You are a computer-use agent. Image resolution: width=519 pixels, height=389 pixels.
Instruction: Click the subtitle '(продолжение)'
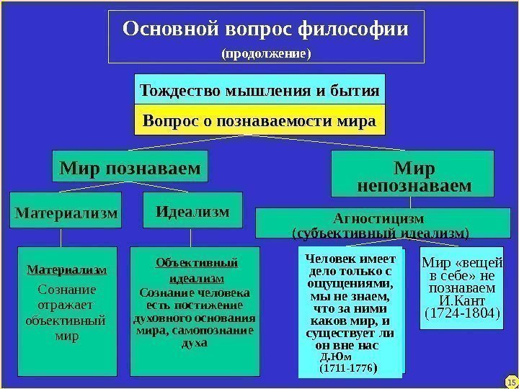point(265,53)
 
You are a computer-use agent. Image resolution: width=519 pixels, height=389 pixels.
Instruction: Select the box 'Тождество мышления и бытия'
point(259,91)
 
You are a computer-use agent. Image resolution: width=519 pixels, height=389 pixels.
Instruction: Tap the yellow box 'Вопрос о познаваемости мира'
point(259,120)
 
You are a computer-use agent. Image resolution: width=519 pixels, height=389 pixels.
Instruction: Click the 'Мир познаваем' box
point(130,169)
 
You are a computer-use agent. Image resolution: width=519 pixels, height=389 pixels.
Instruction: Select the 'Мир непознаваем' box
point(414,177)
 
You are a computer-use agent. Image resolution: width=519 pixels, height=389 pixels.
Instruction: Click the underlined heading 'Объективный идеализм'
point(196,269)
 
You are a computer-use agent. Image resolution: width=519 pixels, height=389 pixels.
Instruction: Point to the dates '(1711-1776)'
point(348,368)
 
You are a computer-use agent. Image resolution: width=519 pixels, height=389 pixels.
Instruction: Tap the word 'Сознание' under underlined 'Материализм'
point(66,290)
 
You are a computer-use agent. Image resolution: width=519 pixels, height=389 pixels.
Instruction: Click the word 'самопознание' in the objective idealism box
point(216,331)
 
